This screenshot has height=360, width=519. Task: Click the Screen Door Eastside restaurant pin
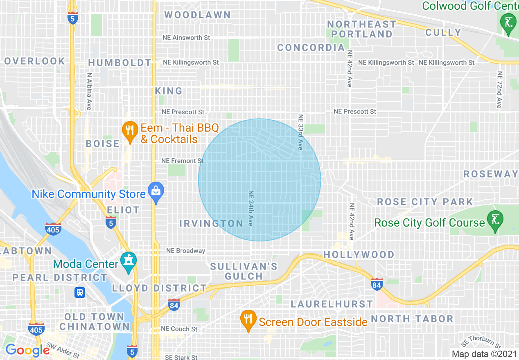[x=248, y=320]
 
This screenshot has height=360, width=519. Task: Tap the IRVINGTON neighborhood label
[x=211, y=223]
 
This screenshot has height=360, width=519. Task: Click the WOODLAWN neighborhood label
[x=197, y=15]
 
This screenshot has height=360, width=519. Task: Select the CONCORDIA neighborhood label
[x=311, y=48]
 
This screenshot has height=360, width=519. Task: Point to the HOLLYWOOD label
[x=359, y=254]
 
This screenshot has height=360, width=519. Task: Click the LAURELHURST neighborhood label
[x=332, y=304]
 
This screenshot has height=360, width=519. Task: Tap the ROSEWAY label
[x=490, y=174]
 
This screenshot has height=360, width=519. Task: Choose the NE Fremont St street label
[x=182, y=161]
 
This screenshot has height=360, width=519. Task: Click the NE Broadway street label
[x=185, y=251]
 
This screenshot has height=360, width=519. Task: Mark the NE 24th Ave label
[x=250, y=208]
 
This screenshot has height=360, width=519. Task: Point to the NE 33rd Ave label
[x=300, y=132]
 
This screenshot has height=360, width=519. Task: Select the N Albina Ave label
[x=89, y=91]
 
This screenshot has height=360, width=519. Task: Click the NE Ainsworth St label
[x=186, y=38]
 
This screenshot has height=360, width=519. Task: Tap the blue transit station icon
[x=80, y=292]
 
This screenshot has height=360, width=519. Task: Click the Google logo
[x=27, y=350]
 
